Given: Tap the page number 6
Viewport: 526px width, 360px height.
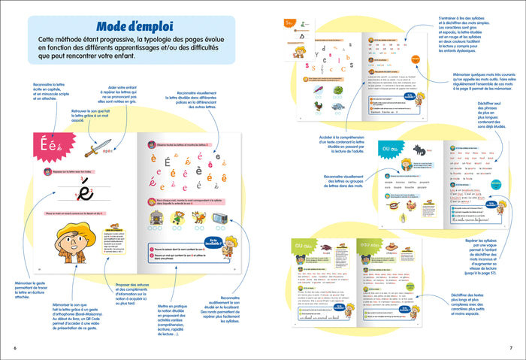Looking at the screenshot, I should coord(14,347).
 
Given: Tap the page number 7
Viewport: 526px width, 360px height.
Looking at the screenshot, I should coord(511,347).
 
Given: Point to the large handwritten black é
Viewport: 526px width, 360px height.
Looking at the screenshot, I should coord(85,194).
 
